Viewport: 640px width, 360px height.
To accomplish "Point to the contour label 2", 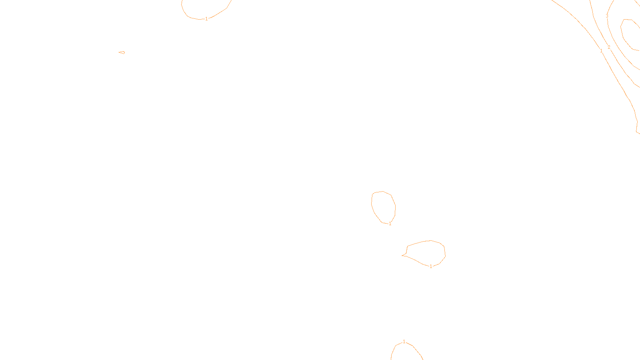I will tap(609, 47).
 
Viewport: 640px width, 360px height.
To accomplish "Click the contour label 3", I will tap(607, 16).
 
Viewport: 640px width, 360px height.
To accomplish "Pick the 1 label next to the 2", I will tap(601, 51).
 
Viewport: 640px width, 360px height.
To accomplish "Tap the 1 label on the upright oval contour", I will tap(390, 224).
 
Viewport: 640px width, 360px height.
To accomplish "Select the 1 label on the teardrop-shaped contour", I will tap(431, 266).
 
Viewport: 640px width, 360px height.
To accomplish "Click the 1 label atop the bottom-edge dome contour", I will tap(404, 342).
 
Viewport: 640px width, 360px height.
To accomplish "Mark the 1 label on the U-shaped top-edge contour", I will tap(206, 19).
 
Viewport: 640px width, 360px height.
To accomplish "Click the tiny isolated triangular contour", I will tap(122, 52).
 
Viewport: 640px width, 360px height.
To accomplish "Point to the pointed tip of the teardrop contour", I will tap(402, 255).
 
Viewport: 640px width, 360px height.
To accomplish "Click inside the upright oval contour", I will tap(383, 207).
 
